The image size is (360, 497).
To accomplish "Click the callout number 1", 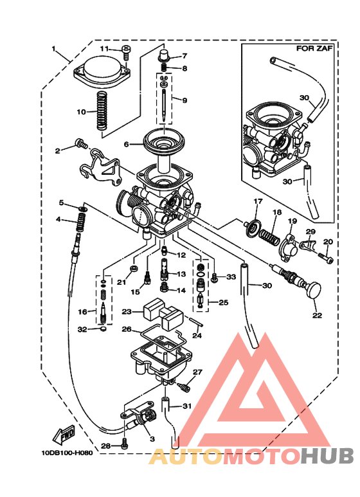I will point(55,49).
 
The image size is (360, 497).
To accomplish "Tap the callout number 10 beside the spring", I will point(81,112).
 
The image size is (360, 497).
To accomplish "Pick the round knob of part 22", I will point(313,290).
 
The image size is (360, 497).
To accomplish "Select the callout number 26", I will point(127,329).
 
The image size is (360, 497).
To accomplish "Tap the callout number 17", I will point(257,202).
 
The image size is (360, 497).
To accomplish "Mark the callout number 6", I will point(126,144).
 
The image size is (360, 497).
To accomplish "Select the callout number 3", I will point(152,438).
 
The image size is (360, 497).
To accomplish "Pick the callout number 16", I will point(82,312).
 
